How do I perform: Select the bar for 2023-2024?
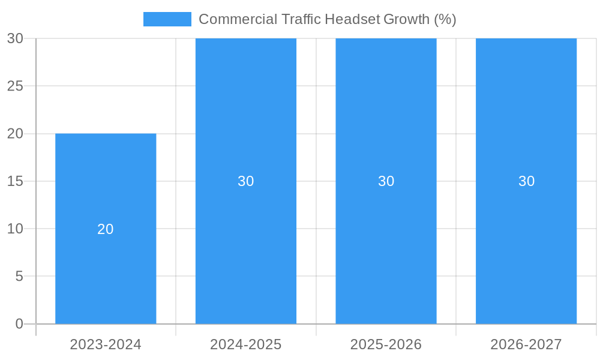(x=106, y=270)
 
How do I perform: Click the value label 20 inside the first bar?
(x=106, y=229)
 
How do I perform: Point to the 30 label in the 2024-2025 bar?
(x=246, y=181)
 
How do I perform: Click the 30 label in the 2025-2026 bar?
(x=386, y=181)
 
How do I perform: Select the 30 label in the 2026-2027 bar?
(x=526, y=181)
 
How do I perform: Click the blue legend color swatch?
(x=167, y=19)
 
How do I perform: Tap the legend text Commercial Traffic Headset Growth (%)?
(x=327, y=19)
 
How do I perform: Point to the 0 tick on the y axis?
(x=19, y=324)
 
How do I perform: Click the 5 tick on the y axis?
(x=19, y=277)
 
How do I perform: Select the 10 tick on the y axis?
(x=15, y=229)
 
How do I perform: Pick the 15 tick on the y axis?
(x=15, y=181)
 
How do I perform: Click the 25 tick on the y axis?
(x=15, y=86)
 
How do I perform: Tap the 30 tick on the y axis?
(x=15, y=38)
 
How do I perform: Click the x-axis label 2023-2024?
(x=106, y=344)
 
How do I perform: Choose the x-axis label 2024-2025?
(x=246, y=344)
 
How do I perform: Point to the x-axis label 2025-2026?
(x=386, y=344)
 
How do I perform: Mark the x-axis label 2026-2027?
(x=526, y=344)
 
